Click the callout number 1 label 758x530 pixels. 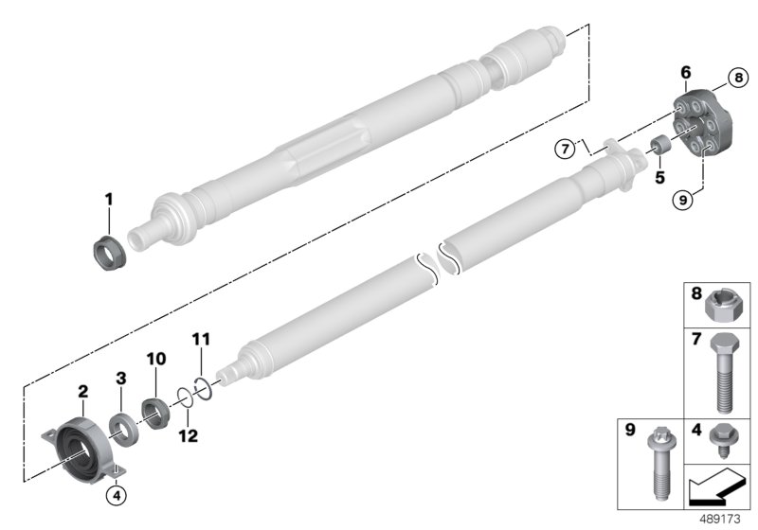click(108, 200)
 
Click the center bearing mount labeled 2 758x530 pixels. click(79, 446)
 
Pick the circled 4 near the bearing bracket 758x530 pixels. click(117, 493)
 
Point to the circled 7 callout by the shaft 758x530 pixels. click(566, 148)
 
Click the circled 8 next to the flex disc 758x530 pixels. click(733, 79)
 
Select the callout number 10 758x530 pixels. click(155, 359)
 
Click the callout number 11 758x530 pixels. click(200, 339)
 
